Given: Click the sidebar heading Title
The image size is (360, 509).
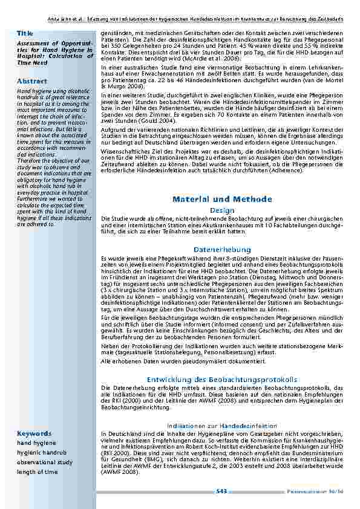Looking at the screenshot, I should coord(25,33).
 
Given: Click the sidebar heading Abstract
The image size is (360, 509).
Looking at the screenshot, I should coord(33,80).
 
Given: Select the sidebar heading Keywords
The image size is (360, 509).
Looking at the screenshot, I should coord(34,433).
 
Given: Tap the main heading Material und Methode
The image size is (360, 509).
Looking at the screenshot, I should coord(222,199).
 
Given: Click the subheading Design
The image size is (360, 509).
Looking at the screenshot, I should coord(222,210).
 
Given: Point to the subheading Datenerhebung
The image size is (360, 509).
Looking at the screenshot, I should coord(222,249).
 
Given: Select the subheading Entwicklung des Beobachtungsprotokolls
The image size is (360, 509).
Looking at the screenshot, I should coord(222,379).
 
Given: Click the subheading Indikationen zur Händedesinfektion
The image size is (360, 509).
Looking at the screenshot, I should coord(222,426).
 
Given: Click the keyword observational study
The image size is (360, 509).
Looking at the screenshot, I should coord(44,462).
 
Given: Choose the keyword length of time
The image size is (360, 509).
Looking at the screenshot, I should coord(38,472).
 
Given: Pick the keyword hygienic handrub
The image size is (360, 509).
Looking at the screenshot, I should coord(42,452).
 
